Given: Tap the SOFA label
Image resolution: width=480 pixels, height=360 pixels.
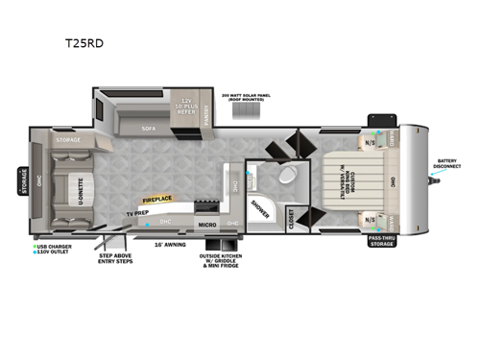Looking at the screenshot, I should pos(148,128).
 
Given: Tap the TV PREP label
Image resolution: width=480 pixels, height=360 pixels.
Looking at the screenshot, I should pos(136,213).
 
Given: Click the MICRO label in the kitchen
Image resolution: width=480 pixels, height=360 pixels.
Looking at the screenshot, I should pos(206,225).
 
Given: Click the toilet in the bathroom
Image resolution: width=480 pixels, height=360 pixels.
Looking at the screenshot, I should pos(283,179).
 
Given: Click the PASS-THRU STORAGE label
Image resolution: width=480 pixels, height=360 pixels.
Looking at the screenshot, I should pos(382,244).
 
